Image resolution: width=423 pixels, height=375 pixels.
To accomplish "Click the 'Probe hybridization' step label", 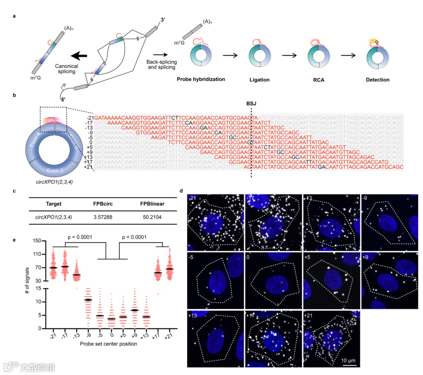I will pos(201,79).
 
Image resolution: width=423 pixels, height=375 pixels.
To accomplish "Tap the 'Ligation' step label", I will pos(259,80).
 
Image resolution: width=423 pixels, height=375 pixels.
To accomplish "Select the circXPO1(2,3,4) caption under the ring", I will pos(47,182).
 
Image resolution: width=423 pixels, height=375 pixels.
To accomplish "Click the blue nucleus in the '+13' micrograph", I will pos(215,338).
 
